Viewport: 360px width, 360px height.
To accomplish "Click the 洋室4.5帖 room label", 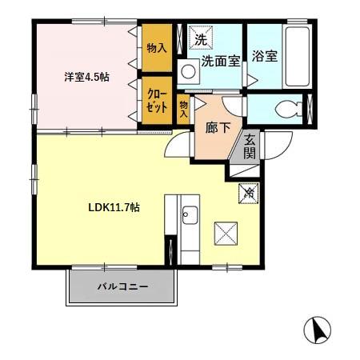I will pyautogui.click(x=87, y=78).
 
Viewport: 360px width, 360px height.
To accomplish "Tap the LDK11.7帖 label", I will pyautogui.click(x=114, y=207).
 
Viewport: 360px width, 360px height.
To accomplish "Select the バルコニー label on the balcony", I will pyautogui.click(x=122, y=286).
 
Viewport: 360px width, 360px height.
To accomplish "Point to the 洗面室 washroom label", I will pyautogui.click(x=221, y=60).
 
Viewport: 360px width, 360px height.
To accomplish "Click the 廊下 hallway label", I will pyautogui.click(x=218, y=127).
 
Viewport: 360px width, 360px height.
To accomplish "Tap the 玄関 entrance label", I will pyautogui.click(x=250, y=146).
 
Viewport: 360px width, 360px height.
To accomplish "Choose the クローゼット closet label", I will pyautogui.click(x=156, y=99).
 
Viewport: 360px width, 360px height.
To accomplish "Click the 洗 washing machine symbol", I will pyautogui.click(x=200, y=38).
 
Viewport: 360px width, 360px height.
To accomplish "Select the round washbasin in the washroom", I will pyautogui.click(x=190, y=72).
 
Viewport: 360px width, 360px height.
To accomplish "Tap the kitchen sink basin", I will pyautogui.click(x=190, y=215).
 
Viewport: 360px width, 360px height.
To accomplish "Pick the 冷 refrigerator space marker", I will pyautogui.click(x=248, y=192).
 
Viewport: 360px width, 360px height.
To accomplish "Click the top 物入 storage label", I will pyautogui.click(x=156, y=49).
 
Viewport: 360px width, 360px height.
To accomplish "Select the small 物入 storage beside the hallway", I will pyautogui.click(x=184, y=108).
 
